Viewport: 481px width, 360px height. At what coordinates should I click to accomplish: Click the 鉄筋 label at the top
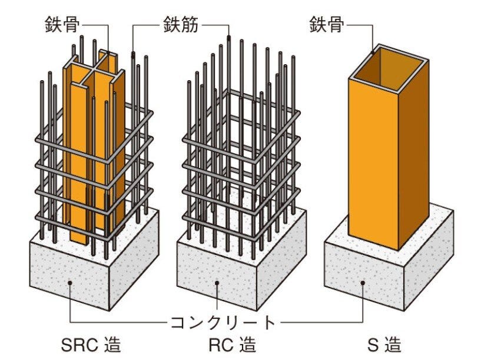coord(180,25)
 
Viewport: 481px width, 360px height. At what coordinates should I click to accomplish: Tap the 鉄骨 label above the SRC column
coord(63,24)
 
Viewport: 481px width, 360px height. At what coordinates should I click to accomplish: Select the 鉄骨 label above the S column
coord(327,24)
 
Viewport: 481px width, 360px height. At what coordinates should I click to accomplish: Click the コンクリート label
coord(223,322)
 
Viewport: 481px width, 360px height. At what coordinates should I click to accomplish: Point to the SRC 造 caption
coord(91,345)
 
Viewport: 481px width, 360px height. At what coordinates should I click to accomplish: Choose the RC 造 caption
coord(232,345)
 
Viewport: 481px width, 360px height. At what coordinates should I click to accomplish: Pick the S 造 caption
coord(384,345)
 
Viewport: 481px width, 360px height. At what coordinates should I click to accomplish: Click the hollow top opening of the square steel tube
coord(389,69)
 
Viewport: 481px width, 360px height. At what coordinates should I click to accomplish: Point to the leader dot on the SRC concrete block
coord(70,283)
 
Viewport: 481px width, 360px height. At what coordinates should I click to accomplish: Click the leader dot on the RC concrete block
coord(217,283)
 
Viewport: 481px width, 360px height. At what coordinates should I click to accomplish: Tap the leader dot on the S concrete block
coord(363,283)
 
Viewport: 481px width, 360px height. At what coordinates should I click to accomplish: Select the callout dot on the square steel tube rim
coord(373,52)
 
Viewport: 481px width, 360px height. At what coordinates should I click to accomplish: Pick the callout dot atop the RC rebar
coord(228,38)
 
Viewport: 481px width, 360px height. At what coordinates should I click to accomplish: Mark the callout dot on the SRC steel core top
coord(108,53)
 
